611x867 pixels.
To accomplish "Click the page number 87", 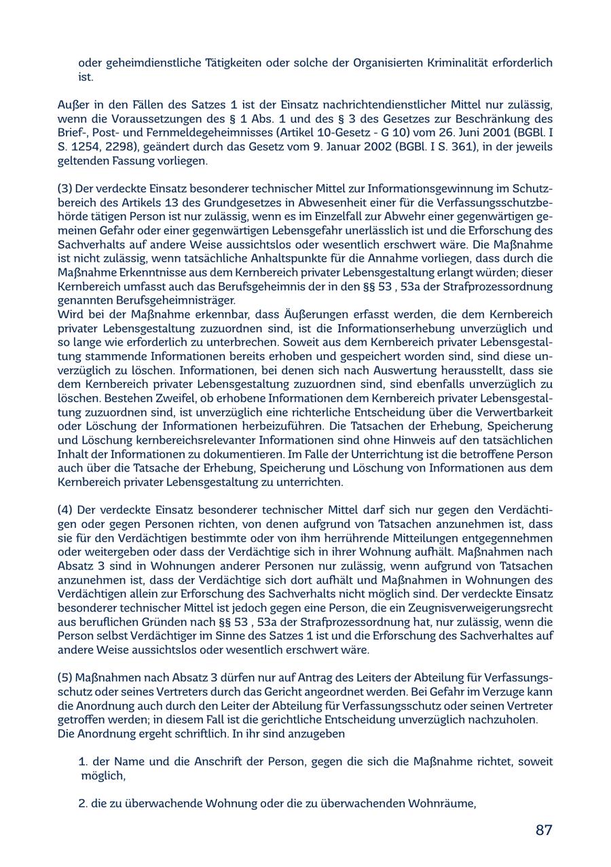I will (x=544, y=830).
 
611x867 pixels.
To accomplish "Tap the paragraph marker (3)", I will (x=65, y=188).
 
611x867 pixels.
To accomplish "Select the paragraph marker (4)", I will (x=65, y=510).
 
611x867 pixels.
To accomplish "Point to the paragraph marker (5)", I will (x=65, y=678).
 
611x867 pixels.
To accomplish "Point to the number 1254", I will (x=86, y=147).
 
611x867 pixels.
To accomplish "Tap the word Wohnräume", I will (x=441, y=804).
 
